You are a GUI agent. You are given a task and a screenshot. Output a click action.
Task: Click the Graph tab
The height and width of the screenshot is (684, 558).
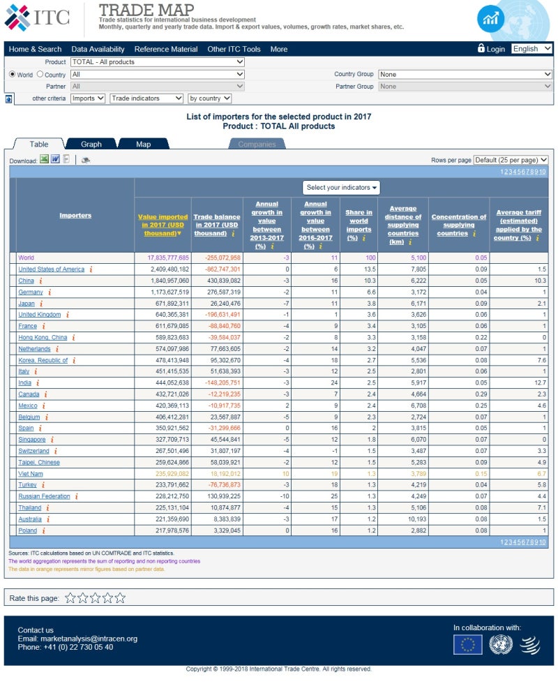(x=91, y=144)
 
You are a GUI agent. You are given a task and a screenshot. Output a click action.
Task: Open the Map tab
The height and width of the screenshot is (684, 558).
(x=143, y=144)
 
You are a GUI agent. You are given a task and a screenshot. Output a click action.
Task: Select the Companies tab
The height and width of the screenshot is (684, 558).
(x=257, y=144)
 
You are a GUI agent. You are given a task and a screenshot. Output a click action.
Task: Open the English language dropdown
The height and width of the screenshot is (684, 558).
(x=531, y=49)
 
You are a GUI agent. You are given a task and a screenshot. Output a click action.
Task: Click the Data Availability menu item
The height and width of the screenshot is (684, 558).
(x=98, y=49)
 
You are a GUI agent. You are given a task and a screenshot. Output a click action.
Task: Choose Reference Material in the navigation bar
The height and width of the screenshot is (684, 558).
(x=166, y=49)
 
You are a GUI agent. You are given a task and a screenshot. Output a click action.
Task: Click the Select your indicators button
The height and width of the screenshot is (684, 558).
(x=341, y=187)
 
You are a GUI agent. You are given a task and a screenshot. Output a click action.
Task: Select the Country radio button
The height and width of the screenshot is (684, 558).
(x=40, y=74)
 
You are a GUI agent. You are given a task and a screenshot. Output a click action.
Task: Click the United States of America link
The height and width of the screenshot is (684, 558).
(x=51, y=269)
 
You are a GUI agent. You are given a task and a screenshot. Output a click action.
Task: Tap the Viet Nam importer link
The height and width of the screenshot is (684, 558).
(x=31, y=473)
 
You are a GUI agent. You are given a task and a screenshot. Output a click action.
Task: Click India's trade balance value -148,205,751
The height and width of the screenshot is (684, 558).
(x=217, y=382)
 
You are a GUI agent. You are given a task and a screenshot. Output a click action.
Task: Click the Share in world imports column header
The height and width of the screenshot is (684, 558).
(x=359, y=221)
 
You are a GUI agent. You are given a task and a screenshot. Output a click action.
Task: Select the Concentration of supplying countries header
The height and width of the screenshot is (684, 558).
(x=458, y=225)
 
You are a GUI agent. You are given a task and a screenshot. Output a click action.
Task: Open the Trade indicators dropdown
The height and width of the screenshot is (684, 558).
(x=146, y=98)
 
